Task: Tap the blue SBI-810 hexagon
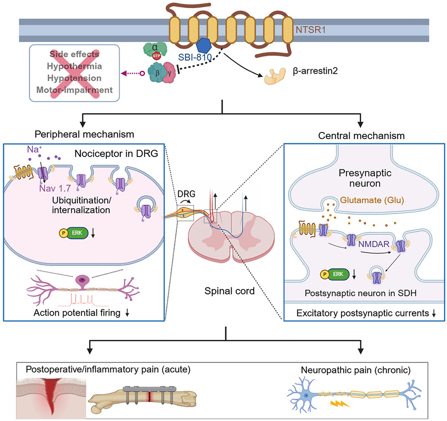tap(206, 47)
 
